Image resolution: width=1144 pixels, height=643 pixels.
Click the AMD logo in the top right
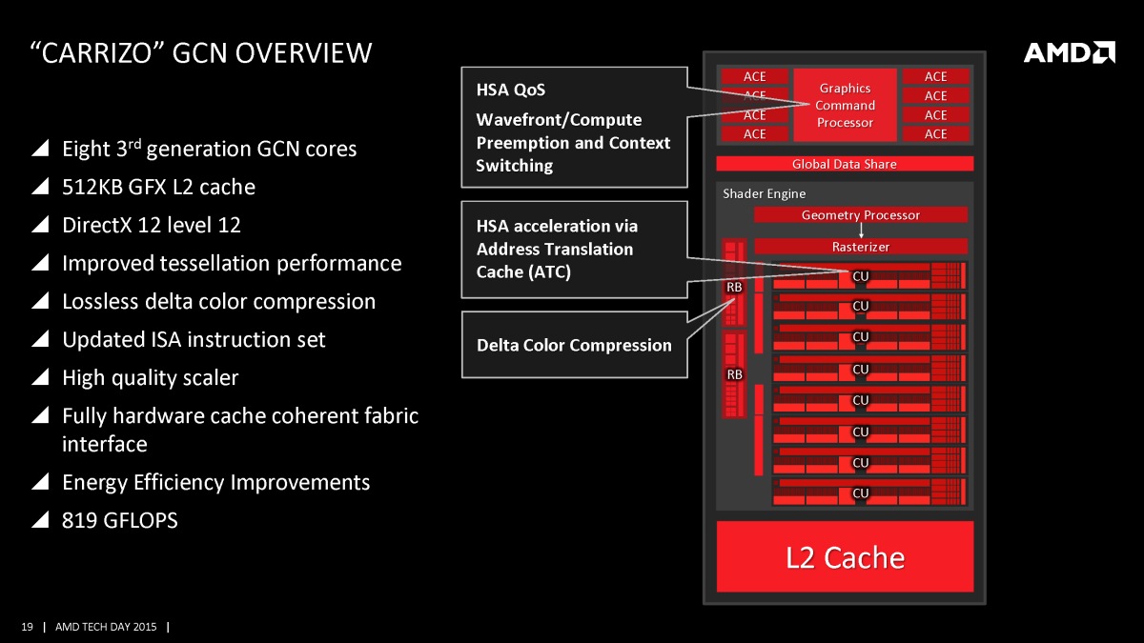click(x=1069, y=52)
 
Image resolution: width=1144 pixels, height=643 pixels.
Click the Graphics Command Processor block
click(x=845, y=105)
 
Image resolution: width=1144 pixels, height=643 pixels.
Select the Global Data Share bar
click(x=845, y=164)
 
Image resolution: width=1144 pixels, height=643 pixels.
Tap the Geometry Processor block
click(x=860, y=215)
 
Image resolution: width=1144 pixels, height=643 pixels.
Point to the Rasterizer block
click(x=860, y=247)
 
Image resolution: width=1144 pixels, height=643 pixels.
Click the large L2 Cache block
click(x=845, y=556)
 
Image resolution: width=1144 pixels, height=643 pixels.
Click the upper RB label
click(x=734, y=287)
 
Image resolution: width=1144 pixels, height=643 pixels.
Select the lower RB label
click(x=734, y=374)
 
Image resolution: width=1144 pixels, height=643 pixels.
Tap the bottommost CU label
click(x=860, y=493)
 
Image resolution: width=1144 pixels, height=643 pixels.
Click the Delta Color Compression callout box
click(x=574, y=345)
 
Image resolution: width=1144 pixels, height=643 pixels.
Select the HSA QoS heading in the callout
click(x=510, y=90)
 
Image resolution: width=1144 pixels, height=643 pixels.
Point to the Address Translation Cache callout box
click(x=574, y=249)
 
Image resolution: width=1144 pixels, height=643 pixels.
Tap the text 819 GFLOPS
click(x=119, y=520)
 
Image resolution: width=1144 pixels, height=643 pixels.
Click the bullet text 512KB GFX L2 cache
click(x=158, y=187)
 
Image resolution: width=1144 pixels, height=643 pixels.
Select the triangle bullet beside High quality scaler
click(x=40, y=378)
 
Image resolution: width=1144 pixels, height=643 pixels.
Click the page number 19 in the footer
click(x=27, y=627)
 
